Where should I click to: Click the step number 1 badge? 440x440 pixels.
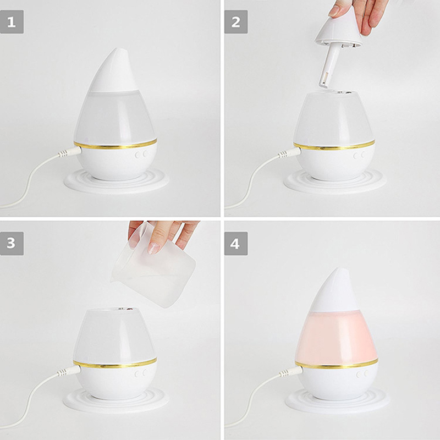[12, 22]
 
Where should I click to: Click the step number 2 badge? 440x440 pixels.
[236, 22]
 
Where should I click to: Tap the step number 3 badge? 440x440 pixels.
[12, 243]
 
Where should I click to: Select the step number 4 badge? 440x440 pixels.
[236, 243]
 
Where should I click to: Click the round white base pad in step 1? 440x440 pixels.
[116, 182]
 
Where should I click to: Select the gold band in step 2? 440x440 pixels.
[334, 145]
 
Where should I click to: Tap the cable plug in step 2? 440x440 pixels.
[290, 153]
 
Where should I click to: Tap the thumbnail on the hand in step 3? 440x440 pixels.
[153, 248]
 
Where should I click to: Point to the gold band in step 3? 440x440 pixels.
[115, 363]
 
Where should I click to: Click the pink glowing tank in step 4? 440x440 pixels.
[337, 337]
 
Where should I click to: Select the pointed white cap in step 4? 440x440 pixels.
[334, 290]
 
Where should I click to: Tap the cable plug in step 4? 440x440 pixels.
[291, 372]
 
